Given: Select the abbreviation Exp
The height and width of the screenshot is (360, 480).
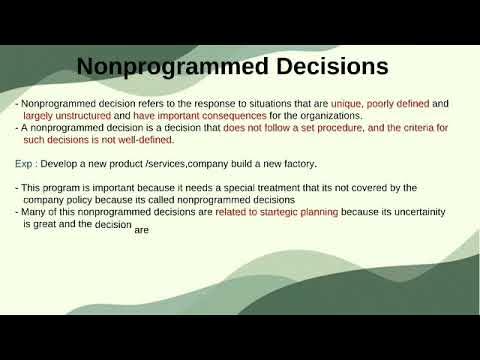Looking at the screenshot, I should point(23,163).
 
